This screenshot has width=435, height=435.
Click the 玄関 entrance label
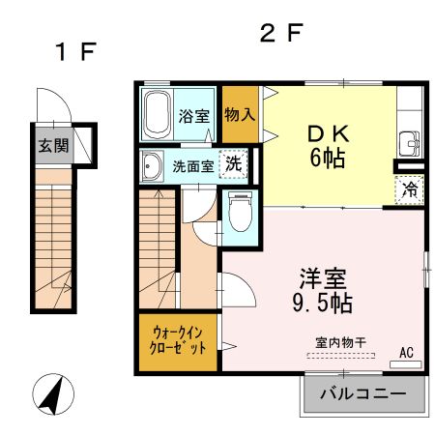53,147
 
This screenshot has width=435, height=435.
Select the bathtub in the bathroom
158,116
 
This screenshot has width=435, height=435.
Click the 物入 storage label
239,114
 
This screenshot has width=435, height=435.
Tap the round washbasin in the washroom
152,167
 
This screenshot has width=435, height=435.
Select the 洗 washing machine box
233,164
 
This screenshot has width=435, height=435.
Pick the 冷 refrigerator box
408,189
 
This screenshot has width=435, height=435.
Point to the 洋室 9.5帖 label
324,289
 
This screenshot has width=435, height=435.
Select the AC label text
406,353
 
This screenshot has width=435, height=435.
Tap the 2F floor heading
281,33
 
